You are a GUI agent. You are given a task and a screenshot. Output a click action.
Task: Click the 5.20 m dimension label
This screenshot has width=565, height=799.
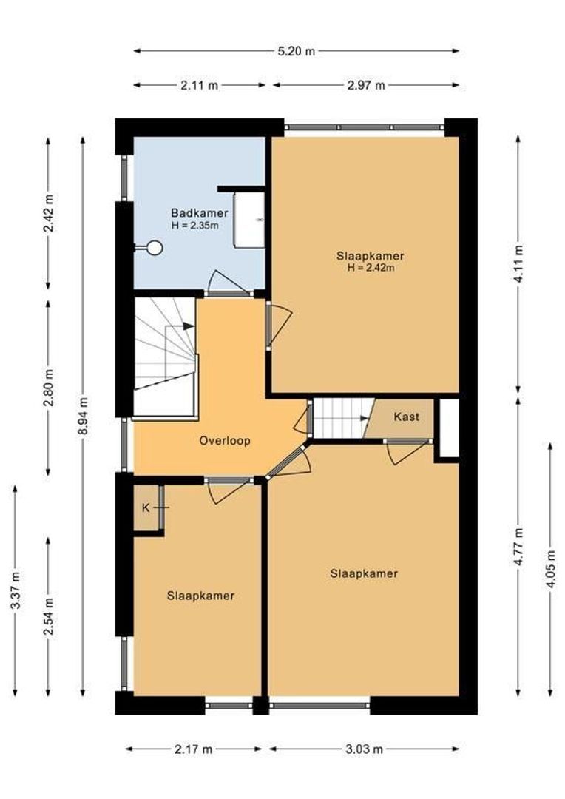click(296, 51)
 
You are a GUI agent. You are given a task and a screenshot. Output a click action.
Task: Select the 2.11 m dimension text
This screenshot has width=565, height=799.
click(199, 85)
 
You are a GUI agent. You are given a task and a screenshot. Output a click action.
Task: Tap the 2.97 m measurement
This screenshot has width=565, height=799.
click(366, 85)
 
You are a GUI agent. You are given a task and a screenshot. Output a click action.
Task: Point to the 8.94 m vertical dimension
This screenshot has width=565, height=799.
click(83, 416)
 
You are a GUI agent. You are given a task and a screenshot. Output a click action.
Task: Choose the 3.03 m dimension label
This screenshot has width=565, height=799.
click(364, 749)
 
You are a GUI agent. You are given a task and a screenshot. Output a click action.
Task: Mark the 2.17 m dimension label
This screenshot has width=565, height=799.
click(194, 749)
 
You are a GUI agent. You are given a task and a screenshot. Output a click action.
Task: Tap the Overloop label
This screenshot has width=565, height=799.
click(225, 440)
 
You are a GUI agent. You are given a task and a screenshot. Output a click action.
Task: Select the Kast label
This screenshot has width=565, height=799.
click(407, 417)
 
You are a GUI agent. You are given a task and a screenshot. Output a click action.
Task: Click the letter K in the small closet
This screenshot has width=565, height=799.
click(146, 508)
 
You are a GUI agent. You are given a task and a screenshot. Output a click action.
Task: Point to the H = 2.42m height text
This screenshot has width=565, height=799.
click(371, 268)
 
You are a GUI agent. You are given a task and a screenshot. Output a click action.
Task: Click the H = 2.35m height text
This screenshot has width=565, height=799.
click(195, 225)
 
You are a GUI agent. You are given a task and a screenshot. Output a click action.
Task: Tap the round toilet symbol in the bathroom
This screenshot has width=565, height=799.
click(154, 248)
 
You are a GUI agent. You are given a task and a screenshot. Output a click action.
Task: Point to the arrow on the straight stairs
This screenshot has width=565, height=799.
click(365, 418)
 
